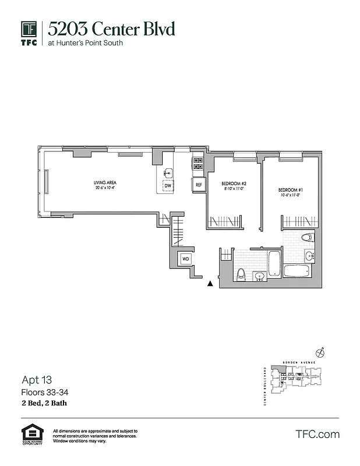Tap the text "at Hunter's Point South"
[x=85, y=43]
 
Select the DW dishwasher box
[x=168, y=185]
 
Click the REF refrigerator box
[x=199, y=185]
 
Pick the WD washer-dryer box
[x=186, y=258]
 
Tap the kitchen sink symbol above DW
[x=168, y=172]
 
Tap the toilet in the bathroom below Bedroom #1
[x=307, y=238]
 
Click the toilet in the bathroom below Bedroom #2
[x=241, y=273]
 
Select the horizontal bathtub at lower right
[x=298, y=271]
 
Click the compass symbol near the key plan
[x=319, y=352]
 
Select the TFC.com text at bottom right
[x=317, y=434]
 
